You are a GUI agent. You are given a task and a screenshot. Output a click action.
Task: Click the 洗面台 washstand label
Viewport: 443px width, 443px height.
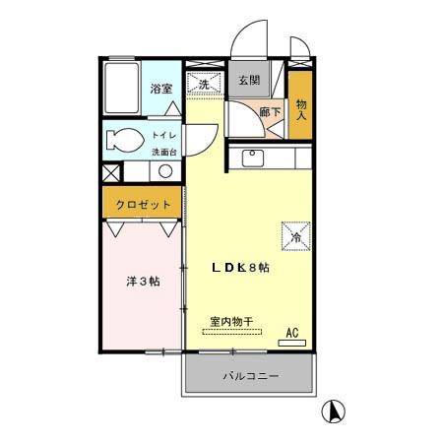(x=163, y=152)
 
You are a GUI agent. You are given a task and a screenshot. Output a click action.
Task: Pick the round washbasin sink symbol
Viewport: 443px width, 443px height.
(x=165, y=170)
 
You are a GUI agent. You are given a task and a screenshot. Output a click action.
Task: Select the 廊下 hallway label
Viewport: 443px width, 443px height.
(x=270, y=113)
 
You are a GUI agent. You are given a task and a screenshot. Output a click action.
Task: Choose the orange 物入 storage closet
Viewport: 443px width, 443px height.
(x=300, y=103)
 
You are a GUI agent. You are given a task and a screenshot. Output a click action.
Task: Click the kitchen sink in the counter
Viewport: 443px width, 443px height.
(x=250, y=157)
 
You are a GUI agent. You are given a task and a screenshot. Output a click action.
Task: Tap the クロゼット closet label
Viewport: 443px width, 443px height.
(x=144, y=205)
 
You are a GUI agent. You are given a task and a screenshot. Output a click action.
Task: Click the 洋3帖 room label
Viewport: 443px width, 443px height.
(x=143, y=281)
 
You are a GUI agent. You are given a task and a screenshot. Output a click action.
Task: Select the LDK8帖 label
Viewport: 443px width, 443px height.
(x=241, y=267)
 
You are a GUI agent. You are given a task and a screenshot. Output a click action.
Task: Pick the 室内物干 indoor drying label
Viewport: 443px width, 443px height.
(x=231, y=321)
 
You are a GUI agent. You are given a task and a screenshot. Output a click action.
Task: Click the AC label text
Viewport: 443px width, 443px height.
(x=292, y=333)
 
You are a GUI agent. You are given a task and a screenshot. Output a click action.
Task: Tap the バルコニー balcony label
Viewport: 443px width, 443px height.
(x=250, y=376)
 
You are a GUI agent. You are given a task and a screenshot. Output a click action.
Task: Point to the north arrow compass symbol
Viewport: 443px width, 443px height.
(x=335, y=411)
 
